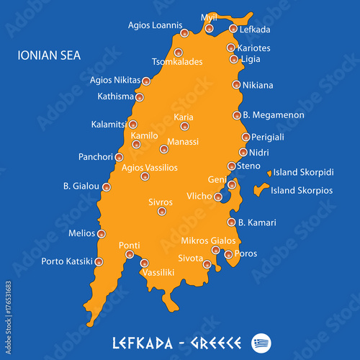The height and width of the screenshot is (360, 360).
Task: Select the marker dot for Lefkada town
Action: [233, 29]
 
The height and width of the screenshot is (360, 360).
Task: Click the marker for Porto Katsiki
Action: [99, 261]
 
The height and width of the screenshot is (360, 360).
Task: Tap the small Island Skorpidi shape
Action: [269, 173]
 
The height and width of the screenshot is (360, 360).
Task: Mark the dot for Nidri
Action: [243, 152]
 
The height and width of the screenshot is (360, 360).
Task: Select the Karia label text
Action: [184, 117]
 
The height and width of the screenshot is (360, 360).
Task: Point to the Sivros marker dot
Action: [161, 211]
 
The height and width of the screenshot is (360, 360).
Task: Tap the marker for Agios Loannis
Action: [184, 33]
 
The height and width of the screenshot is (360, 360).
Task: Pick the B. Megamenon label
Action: [274, 114]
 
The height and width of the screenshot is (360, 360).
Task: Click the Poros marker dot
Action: [228, 254]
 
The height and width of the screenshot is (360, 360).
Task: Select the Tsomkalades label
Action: [177, 62]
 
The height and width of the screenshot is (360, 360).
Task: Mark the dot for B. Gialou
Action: [107, 187]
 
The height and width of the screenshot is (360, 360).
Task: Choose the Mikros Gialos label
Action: [208, 240]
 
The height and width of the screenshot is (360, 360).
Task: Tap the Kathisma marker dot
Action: [140, 97]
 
